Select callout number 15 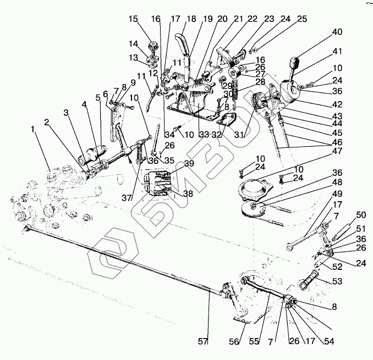(x=133, y=19)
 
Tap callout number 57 (x=203, y=341)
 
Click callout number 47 (x=336, y=151)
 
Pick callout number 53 (x=336, y=281)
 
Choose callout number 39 (x=189, y=163)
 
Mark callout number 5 (x=98, y=98)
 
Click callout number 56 (x=234, y=341)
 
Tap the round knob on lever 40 (x=294, y=63)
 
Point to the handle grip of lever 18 (x=183, y=44)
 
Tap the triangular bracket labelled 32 (x=227, y=119)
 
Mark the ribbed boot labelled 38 (x=157, y=184)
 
